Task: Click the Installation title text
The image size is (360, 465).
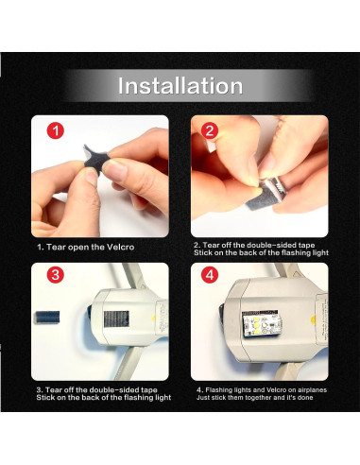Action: tap(180, 86)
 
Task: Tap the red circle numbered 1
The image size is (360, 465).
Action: tap(56, 130)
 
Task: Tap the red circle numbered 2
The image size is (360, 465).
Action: tap(210, 130)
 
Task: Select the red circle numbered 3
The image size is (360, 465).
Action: tap(56, 275)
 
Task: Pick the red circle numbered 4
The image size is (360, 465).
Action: tap(210, 275)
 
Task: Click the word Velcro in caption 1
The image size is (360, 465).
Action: tap(121, 248)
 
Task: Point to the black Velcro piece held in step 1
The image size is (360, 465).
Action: tap(96, 159)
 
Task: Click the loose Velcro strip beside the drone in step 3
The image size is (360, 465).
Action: tap(47, 317)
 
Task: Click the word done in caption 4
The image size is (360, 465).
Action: tap(305, 398)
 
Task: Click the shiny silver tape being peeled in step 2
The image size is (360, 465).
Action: tap(275, 189)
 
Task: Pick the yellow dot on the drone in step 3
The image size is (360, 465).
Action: tap(153, 319)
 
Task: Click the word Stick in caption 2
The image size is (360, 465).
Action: tap(202, 252)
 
